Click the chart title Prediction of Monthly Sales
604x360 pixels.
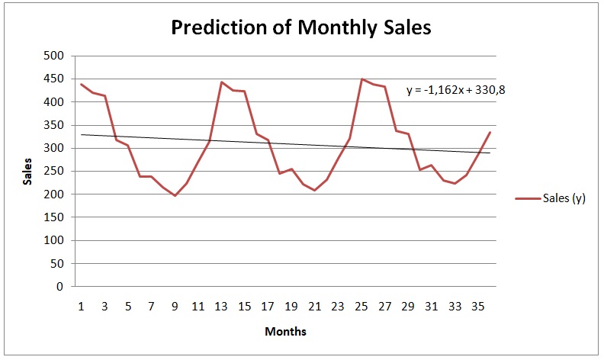pyautogui.click(x=301, y=27)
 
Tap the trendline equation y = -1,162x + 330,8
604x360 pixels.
pyautogui.click(x=455, y=90)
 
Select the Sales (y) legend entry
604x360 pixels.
pyautogui.click(x=555, y=198)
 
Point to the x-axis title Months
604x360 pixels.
pyautogui.click(x=285, y=332)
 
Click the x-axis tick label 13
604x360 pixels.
pyautogui.click(x=220, y=307)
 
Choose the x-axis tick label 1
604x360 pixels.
pyautogui.click(x=82, y=307)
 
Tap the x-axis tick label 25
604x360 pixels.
pyautogui.click(x=361, y=307)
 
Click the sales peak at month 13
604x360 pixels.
pyautogui.click(x=221, y=82)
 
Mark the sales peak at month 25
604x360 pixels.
pyautogui.click(x=361, y=79)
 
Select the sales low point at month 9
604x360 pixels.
pyautogui.click(x=175, y=196)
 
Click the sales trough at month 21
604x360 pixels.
pyautogui.click(x=315, y=191)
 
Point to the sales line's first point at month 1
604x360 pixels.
pyautogui.click(x=82, y=84)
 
